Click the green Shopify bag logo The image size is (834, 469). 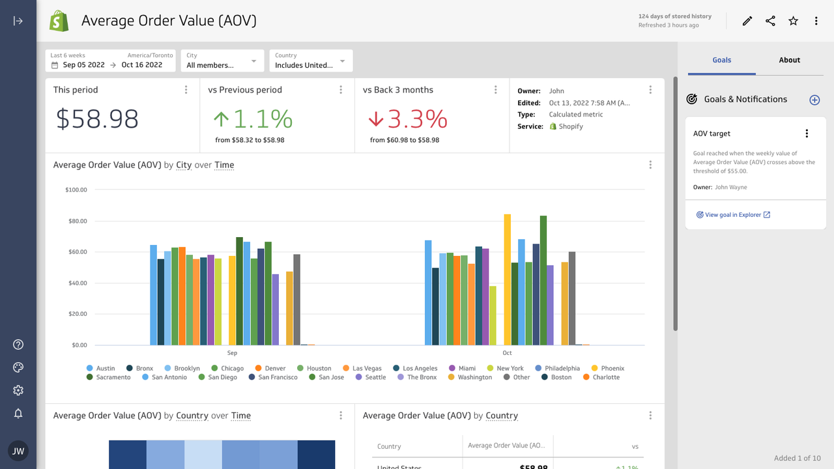click(x=59, y=21)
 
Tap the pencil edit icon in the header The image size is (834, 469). click(x=747, y=21)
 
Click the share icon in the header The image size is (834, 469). click(x=770, y=21)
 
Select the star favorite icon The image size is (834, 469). click(x=793, y=21)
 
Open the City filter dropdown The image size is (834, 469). click(x=222, y=61)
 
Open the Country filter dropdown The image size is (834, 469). click(x=311, y=61)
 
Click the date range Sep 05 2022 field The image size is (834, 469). click(x=83, y=65)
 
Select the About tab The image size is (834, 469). click(x=789, y=60)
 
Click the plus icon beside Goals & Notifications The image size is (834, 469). click(x=814, y=100)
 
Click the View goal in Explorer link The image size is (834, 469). click(x=733, y=215)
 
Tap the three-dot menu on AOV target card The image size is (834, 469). click(x=807, y=134)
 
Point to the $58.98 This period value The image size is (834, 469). click(x=97, y=119)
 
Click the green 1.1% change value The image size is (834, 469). click(x=253, y=119)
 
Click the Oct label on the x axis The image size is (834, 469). click(x=507, y=353)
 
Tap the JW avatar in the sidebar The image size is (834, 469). click(x=18, y=451)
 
